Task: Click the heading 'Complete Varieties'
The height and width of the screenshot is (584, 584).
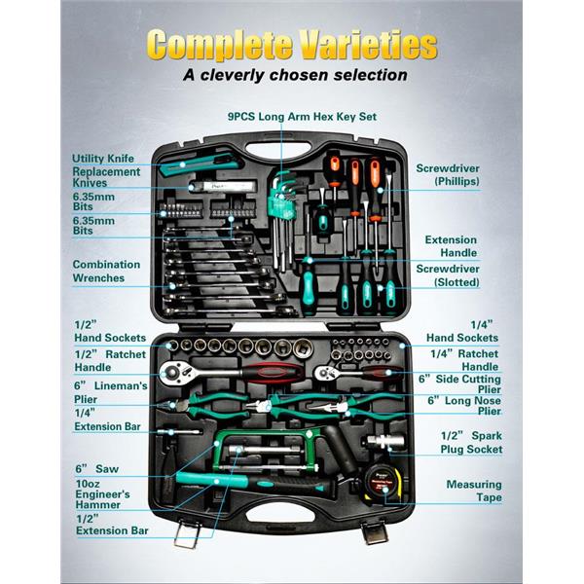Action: coord(292,45)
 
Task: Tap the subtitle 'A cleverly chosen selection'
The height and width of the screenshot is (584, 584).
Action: coord(295,75)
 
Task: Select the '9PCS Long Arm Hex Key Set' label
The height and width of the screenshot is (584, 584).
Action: coord(302,117)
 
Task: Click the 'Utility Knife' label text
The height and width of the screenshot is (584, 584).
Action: coord(103,159)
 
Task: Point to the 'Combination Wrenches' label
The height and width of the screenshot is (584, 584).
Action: coord(106,272)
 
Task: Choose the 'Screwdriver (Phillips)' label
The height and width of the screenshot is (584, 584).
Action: coord(448,174)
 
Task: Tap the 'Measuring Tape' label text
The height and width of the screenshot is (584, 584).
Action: coord(474,491)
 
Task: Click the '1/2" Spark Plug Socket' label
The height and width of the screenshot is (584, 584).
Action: coord(471,443)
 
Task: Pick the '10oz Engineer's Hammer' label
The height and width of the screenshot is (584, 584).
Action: coord(102,494)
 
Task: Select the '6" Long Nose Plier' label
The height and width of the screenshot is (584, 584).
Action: coord(464,406)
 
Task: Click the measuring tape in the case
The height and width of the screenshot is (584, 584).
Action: coord(383,484)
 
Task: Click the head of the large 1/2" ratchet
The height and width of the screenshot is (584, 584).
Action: coord(172,372)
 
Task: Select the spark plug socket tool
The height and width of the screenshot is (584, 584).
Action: coord(384,442)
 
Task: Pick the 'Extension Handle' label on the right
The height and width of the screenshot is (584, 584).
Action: coord(451,246)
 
